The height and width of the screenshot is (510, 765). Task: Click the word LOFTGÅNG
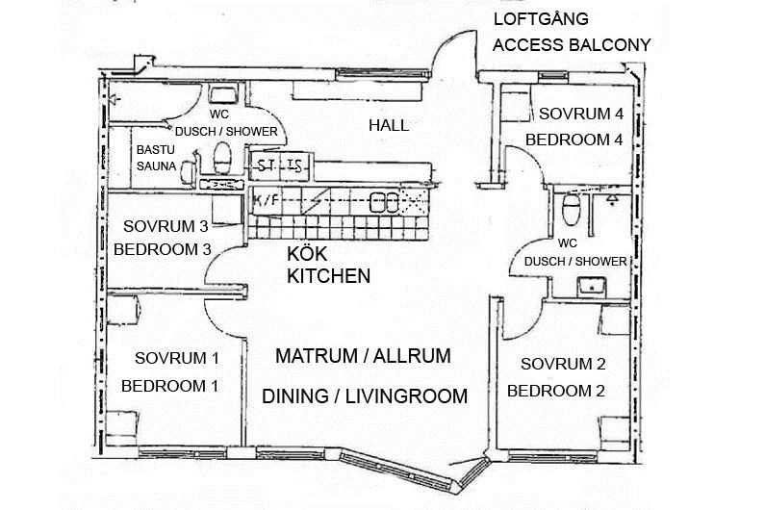point(540,19)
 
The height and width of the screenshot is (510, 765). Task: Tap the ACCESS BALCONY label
point(571,44)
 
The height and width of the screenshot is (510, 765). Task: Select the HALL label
point(389,125)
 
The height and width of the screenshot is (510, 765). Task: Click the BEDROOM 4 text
point(574,140)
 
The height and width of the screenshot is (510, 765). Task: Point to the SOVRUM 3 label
point(166,227)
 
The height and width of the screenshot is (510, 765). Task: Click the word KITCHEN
point(329,276)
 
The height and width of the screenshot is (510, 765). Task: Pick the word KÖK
point(308,256)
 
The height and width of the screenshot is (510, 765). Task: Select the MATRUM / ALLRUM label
point(363,356)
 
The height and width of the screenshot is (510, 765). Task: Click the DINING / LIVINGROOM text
point(365,395)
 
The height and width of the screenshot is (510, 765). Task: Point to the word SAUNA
point(155,166)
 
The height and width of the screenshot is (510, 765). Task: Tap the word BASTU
point(155,151)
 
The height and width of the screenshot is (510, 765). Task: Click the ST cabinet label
point(267,166)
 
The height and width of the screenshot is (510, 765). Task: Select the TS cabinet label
point(294,166)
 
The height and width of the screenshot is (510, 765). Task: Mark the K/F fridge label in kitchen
point(266,199)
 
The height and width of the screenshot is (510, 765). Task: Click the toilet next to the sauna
point(223,157)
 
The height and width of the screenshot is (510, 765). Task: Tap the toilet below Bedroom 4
point(571,208)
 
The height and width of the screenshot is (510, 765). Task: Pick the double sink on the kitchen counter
point(385,201)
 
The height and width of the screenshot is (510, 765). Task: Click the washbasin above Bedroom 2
point(588,286)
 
